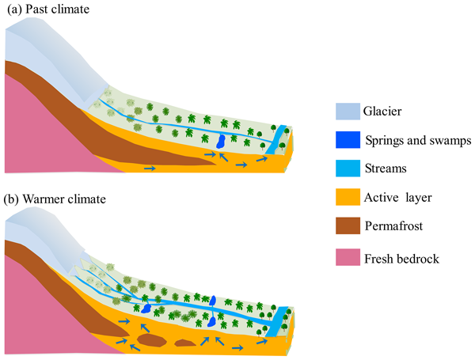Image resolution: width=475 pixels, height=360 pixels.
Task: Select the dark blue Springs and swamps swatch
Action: [347, 140]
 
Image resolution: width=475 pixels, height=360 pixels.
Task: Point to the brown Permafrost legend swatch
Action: [347, 226]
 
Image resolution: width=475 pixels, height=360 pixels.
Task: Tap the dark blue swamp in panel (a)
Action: [222, 142]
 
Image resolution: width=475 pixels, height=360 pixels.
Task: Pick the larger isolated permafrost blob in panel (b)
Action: [150, 342]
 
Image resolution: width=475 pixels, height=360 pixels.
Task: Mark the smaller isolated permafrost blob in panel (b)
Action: [185, 343]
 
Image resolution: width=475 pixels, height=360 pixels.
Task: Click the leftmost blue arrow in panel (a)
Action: [150, 168]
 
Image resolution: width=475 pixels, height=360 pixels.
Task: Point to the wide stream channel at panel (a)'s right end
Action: [275, 146]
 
